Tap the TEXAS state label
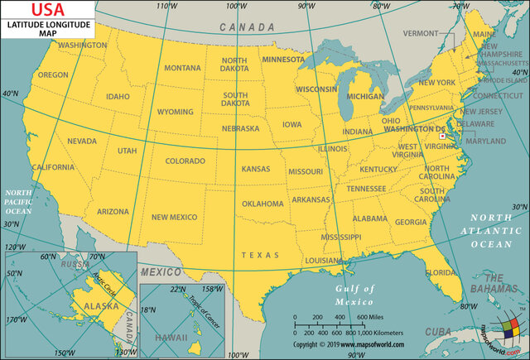(x=260, y=255)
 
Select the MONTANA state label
(x=182, y=68)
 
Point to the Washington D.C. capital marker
(x=443, y=137)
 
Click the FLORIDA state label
(x=440, y=272)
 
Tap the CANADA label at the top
(x=246, y=27)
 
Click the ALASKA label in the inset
(x=84, y=305)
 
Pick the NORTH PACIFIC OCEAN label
(x=18, y=201)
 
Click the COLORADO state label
(x=185, y=161)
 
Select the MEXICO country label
(x=160, y=271)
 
